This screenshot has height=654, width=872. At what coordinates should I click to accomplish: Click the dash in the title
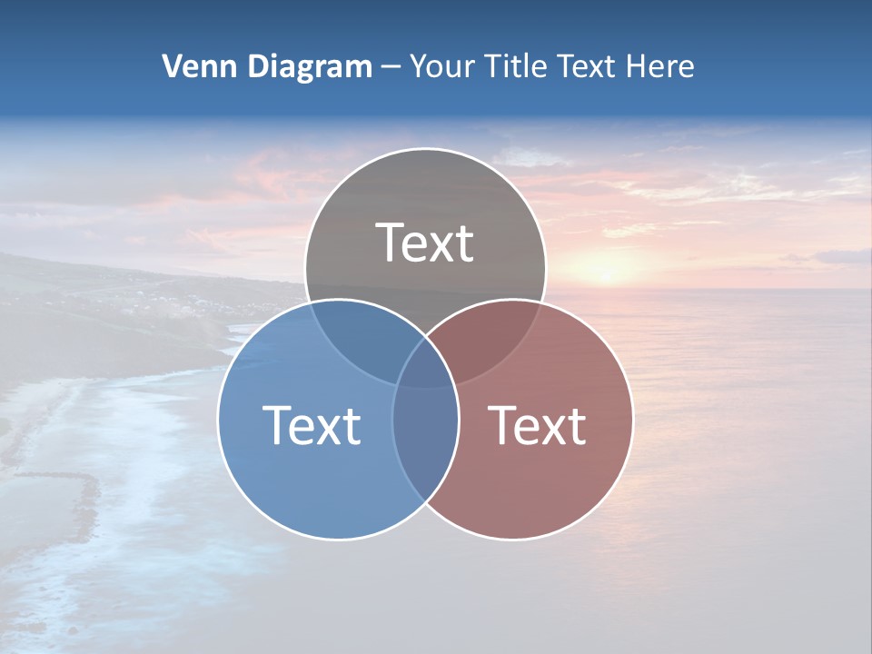pos(391,67)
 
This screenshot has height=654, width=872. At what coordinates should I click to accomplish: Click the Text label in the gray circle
pos(425,243)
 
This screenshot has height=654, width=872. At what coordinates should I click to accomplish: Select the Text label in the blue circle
pos(312,424)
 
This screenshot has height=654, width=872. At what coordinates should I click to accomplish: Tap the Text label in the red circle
pos(538,424)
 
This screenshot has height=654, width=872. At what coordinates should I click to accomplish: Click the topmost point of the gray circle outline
pos(425,148)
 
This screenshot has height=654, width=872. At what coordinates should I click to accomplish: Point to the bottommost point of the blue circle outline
pos(338,540)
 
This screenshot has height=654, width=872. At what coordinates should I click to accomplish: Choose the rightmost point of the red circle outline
pos(633,419)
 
